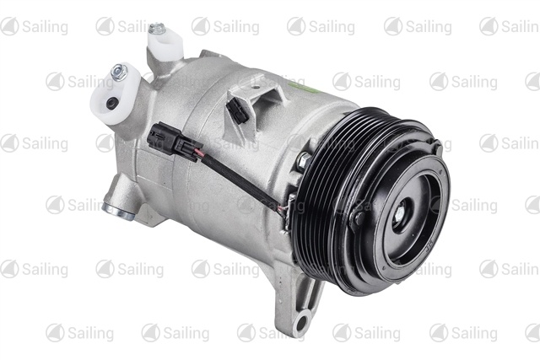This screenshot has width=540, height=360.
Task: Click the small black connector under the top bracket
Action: [237, 110]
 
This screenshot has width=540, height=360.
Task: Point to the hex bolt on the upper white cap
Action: [157, 29]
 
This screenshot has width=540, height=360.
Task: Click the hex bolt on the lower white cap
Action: [120, 72]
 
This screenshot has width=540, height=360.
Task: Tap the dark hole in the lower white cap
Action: [112, 103]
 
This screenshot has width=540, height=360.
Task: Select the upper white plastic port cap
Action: [165, 43]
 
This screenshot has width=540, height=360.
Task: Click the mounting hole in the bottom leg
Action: [300, 323]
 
